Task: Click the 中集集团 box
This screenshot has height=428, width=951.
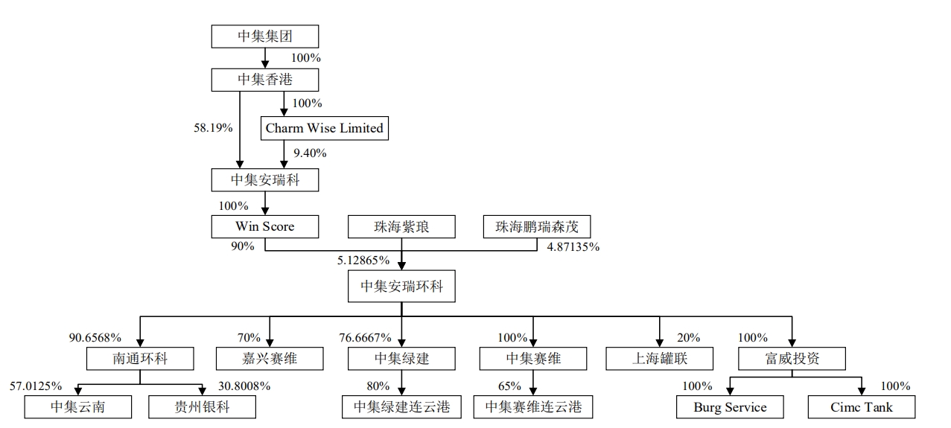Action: (264, 36)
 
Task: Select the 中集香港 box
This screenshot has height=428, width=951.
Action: (264, 80)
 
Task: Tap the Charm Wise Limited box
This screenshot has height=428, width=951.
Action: (324, 128)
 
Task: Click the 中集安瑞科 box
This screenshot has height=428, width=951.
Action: (264, 179)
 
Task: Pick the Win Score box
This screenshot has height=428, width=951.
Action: (264, 226)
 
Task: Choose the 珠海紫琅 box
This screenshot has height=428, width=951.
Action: (401, 226)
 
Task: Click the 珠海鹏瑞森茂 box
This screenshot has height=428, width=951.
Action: (536, 226)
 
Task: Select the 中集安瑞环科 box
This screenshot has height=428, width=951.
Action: (401, 287)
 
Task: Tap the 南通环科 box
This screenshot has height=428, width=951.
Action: (140, 359)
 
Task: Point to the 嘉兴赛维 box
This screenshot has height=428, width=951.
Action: (270, 359)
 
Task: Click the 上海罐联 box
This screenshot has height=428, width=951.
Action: (660, 359)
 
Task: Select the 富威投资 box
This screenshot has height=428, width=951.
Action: (792, 359)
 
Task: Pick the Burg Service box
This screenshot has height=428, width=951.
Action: (730, 407)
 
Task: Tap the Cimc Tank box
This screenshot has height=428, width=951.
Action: (862, 407)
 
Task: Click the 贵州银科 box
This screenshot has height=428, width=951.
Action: (203, 407)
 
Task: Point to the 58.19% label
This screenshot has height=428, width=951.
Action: (213, 128)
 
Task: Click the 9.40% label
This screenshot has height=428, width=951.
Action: (309, 154)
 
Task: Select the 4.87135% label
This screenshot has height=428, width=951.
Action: (573, 247)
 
